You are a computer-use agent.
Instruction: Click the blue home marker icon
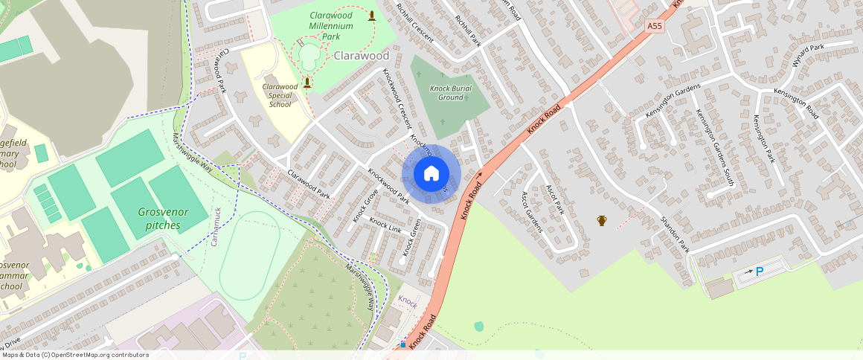click(x=431, y=174)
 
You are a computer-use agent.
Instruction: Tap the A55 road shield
click(x=654, y=26)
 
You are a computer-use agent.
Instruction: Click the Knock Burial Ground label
click(x=451, y=92)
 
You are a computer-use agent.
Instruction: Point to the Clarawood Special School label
click(x=280, y=95)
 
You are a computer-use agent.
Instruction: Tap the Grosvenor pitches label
click(x=163, y=218)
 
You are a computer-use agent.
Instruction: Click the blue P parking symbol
click(x=760, y=271)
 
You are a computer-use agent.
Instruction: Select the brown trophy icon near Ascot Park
click(x=601, y=220)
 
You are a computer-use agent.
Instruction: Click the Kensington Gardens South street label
click(x=714, y=147)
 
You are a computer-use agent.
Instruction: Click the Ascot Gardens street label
click(x=531, y=212)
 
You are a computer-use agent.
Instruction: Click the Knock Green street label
click(x=411, y=237)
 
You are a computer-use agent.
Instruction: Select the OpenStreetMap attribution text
click(x=74, y=355)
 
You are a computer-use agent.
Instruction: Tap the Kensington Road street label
click(x=797, y=103)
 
